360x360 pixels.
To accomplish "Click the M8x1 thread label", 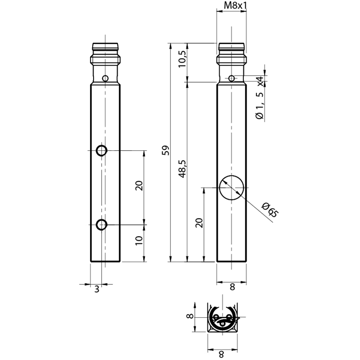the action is (x=235, y=5).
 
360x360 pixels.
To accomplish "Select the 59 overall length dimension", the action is (x=166, y=150).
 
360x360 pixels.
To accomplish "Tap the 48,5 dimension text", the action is (x=183, y=169).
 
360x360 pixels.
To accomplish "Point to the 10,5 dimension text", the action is (x=182, y=59).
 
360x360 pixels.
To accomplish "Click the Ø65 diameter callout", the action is (x=270, y=210).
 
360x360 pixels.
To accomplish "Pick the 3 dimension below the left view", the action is (x=97, y=289).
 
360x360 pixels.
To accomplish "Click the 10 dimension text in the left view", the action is (x=139, y=240).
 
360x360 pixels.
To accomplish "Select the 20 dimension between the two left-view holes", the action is (x=139, y=186).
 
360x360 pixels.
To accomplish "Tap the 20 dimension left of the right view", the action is (x=199, y=223).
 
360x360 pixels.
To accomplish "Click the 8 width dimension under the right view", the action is (x=232, y=287).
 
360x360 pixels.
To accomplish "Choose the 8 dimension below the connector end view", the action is (x=221, y=355).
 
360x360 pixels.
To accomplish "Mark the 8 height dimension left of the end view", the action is (x=189, y=316).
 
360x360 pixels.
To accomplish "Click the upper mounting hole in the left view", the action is (x=102, y=151).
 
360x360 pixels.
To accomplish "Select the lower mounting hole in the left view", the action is (x=102, y=225).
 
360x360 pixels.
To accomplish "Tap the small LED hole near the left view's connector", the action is (x=105, y=78).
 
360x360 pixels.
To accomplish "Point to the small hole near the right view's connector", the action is (x=232, y=78).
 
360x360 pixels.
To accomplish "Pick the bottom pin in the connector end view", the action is (x=222, y=324).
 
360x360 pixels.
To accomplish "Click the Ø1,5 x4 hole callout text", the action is (x=260, y=98).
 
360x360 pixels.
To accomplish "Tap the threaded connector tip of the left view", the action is (x=105, y=47).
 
